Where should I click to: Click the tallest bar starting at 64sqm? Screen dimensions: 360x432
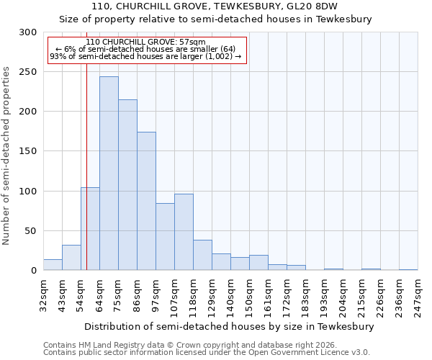(109, 174)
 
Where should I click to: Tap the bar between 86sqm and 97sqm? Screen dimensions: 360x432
(146, 201)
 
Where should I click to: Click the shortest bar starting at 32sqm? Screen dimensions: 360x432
(53, 265)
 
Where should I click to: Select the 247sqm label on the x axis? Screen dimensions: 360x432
(418, 295)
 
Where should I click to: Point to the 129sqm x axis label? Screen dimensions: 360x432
(212, 295)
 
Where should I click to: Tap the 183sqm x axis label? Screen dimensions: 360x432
(305, 295)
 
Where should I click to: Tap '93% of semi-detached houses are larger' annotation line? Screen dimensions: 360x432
(145, 56)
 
